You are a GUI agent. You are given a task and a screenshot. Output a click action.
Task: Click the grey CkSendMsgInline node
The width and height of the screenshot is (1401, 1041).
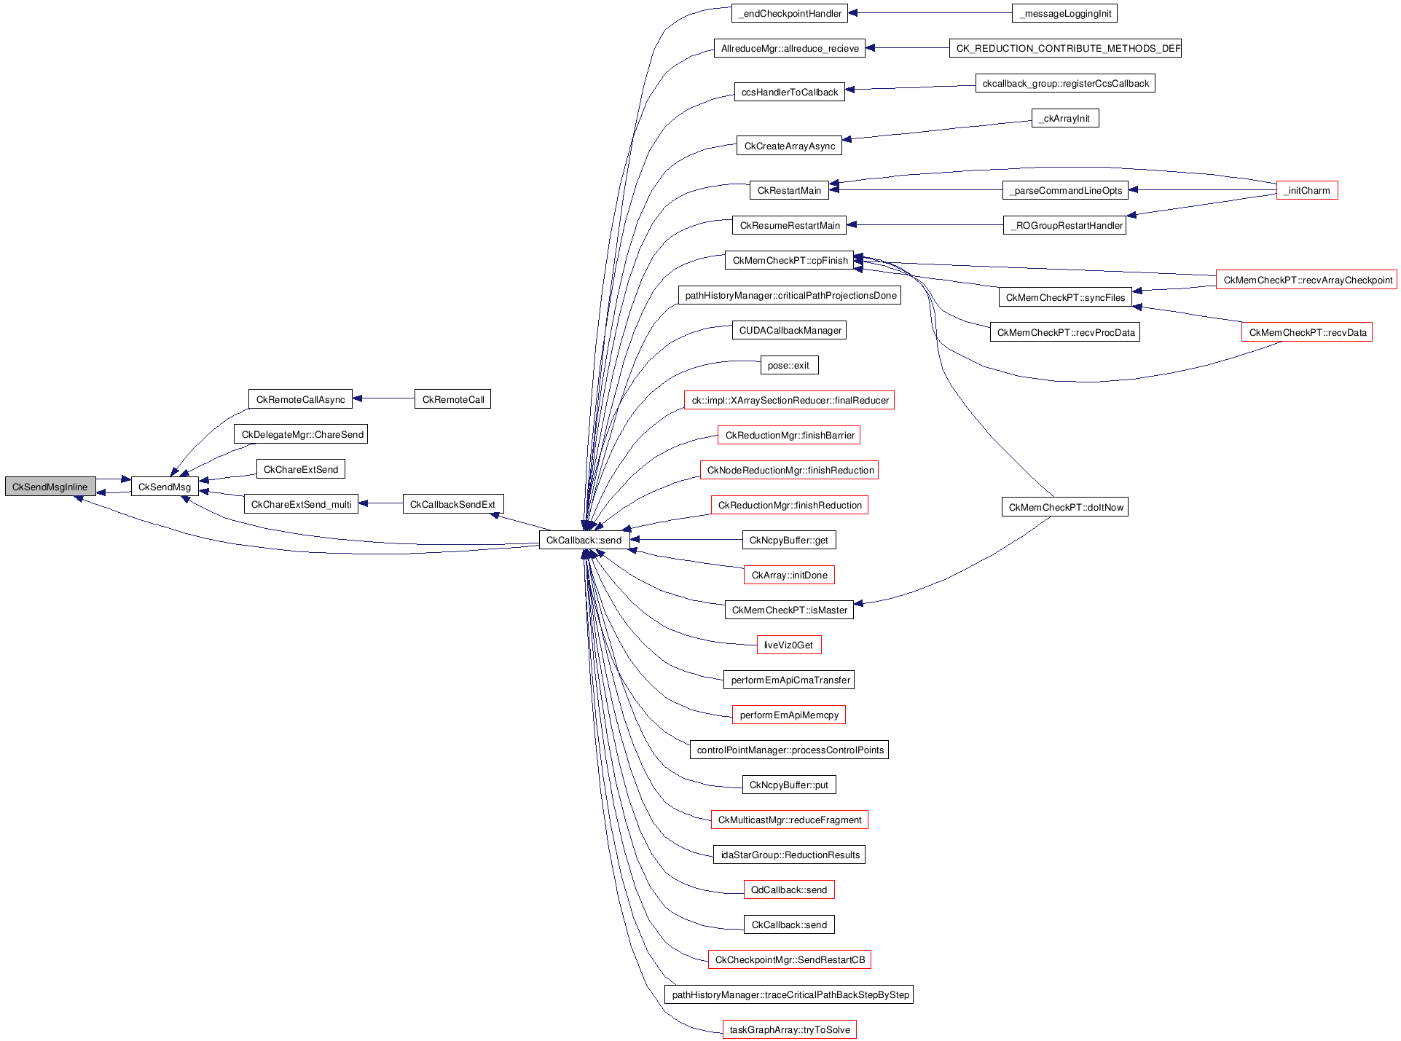[50, 487]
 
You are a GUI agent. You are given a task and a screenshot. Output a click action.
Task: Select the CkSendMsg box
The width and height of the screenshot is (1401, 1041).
[165, 487]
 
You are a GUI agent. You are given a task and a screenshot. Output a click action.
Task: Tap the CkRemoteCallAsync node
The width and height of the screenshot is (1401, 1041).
[300, 399]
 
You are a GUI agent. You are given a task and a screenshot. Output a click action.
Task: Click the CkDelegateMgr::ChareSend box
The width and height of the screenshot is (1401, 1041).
[302, 434]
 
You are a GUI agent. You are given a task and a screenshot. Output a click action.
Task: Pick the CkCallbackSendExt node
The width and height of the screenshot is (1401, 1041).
[452, 504]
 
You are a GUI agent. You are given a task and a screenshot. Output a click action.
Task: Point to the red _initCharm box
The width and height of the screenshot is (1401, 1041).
[1307, 190]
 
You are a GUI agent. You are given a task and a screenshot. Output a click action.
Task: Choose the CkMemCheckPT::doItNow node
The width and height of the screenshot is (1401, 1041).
[1065, 507]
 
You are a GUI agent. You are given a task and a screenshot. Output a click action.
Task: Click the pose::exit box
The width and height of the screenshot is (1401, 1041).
[788, 365]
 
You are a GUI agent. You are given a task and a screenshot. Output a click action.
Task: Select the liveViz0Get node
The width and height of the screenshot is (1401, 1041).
[789, 645]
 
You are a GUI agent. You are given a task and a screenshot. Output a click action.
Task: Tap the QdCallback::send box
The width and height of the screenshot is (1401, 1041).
[789, 889]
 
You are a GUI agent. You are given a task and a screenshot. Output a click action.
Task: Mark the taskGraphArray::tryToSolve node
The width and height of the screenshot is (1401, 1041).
[790, 1029]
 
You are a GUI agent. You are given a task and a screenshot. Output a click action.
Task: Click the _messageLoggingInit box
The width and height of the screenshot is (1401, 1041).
[1064, 13]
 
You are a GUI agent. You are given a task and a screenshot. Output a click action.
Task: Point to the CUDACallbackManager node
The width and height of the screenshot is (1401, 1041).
[790, 330]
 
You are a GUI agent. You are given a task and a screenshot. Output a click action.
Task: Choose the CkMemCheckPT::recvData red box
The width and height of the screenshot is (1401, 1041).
[1307, 332]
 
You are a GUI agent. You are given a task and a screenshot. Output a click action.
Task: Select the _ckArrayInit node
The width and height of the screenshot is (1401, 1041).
[1065, 118]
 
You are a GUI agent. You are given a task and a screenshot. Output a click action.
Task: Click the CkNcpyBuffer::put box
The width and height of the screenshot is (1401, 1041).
[789, 785]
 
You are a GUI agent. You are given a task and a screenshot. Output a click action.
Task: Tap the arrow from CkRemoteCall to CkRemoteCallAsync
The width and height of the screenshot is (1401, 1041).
[383, 398]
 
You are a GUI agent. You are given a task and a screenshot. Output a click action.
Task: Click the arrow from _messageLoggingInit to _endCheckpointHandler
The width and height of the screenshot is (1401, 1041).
[930, 12]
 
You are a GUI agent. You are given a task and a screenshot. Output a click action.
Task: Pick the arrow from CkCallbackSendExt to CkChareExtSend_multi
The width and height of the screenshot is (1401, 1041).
[380, 503]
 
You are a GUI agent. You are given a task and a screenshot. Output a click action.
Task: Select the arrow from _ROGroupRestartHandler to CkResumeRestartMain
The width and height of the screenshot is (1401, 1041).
[925, 225]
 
